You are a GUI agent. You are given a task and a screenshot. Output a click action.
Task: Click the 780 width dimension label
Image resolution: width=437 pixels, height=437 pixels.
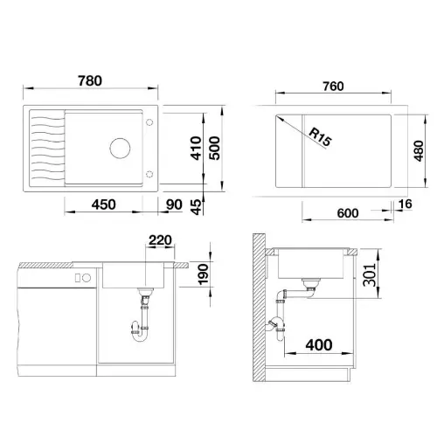click(x=90, y=81)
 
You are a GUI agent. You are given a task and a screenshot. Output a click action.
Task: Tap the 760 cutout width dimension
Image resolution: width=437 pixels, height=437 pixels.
click(x=333, y=87)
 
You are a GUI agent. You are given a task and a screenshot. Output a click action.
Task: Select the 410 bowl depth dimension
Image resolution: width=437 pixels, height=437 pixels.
click(x=196, y=148)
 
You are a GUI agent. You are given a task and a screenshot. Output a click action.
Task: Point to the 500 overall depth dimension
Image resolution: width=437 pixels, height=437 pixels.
click(x=215, y=148)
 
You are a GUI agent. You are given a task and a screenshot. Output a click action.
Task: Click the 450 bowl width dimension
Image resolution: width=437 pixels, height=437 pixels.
click(x=103, y=205)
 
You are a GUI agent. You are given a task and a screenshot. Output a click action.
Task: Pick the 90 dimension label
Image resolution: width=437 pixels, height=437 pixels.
click(x=174, y=205)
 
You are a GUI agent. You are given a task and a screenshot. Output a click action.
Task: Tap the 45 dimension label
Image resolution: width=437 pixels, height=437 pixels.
click(x=197, y=207)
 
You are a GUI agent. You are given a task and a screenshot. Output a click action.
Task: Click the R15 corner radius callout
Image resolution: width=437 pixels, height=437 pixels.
click(x=320, y=137)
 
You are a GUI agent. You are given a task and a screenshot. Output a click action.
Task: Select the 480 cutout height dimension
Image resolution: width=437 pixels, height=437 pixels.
click(x=419, y=150)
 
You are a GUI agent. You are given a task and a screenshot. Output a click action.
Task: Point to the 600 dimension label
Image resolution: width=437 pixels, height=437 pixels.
click(x=348, y=213)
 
